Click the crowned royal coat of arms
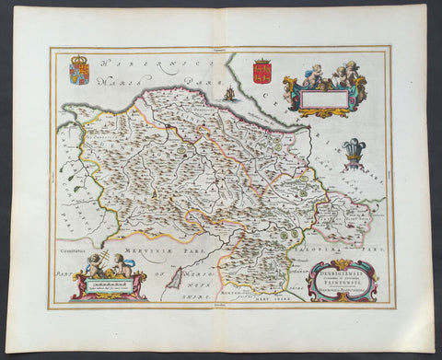point(79,72)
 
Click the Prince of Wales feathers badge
point(354,150)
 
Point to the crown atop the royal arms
point(79,59)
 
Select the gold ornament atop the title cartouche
point(342,264)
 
